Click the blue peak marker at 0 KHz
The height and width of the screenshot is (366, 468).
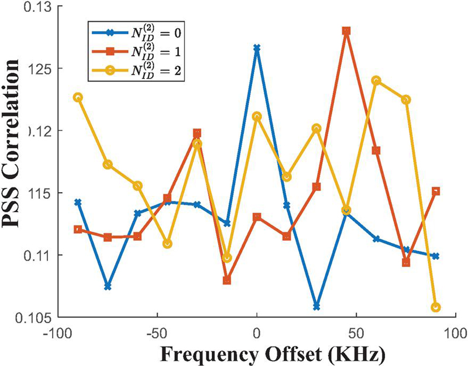257,48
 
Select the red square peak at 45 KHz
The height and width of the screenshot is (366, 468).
346,31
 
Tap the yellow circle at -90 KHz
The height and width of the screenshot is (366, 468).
78,97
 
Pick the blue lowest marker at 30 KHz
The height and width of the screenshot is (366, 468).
316,306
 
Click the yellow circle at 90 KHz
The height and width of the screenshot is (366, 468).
435,307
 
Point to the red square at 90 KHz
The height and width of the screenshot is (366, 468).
435,191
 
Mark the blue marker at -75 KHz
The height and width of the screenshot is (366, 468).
108,286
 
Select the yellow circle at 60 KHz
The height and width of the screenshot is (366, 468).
376,81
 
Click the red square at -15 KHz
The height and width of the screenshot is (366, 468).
227,281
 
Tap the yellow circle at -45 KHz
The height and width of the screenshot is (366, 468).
167,244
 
